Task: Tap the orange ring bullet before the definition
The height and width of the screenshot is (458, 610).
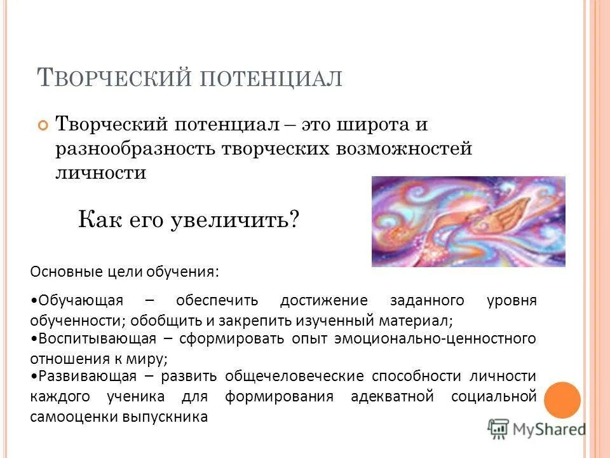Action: pyautogui.click(x=43, y=125)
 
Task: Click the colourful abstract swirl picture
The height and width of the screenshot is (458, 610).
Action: pyautogui.click(x=468, y=221)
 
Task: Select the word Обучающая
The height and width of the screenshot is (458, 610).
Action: pyautogui.click(x=82, y=300)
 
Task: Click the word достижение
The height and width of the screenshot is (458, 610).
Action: pyautogui.click(x=324, y=300)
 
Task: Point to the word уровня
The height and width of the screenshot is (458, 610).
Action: pyautogui.click(x=512, y=300)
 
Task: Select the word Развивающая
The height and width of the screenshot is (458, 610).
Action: pyautogui.click(x=85, y=377)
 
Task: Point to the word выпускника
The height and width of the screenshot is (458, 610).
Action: pyautogui.click(x=159, y=417)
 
